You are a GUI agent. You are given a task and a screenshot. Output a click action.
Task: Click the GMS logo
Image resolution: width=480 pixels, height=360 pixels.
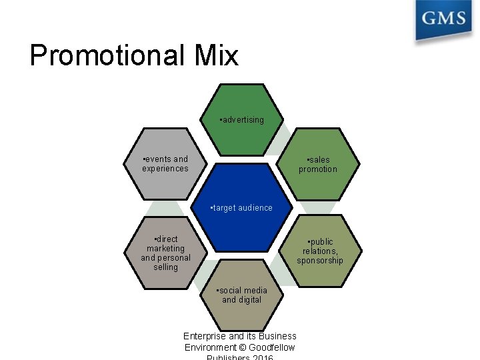click(x=443, y=19)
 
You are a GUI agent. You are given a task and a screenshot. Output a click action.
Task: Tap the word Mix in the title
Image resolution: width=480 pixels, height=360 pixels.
click(x=215, y=55)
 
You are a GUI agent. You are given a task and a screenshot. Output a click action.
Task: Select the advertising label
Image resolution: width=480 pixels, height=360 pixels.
click(x=241, y=120)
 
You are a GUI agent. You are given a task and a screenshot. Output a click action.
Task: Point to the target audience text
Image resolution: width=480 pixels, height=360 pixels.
click(x=241, y=208)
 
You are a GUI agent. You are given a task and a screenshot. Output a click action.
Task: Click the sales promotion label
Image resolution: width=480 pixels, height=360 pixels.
click(x=318, y=165)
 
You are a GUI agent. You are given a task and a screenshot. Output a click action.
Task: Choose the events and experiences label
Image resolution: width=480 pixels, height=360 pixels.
click(x=165, y=164)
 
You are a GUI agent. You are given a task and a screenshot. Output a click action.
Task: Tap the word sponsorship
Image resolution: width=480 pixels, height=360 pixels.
click(x=320, y=261)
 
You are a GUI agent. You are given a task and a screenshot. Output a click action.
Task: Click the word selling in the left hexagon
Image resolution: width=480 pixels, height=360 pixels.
click(x=166, y=267)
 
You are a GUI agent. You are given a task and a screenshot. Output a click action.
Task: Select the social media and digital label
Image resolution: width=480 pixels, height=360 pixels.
click(x=242, y=295)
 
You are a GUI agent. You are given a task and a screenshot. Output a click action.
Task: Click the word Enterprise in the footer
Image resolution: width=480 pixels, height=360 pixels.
click(x=205, y=336)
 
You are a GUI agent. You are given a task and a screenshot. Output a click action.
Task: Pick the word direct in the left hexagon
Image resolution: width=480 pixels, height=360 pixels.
click(x=166, y=239)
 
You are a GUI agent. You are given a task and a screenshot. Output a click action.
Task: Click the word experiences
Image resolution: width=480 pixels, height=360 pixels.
click(x=165, y=169)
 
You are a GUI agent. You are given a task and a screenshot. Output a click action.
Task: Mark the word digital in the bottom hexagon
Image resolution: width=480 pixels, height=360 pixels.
click(x=251, y=300)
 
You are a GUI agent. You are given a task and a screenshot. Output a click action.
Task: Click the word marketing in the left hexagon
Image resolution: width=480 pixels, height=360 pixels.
click(x=166, y=249)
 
